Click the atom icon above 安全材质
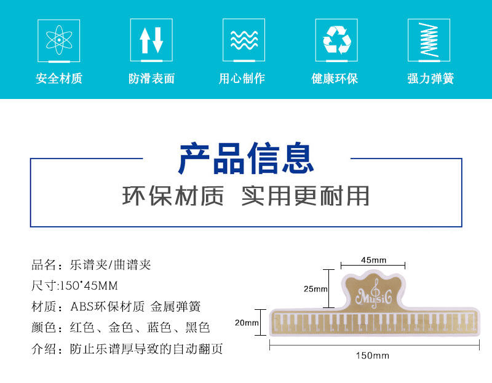[x=58, y=39]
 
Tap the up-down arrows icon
[x=151, y=39]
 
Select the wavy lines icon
[x=244, y=39]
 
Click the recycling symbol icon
[x=336, y=39]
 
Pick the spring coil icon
[x=429, y=39]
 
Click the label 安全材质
[x=59, y=79]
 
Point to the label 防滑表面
[x=151, y=79]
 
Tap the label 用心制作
[x=244, y=79]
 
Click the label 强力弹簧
[x=430, y=79]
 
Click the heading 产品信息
[x=246, y=158]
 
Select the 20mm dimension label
[x=247, y=323]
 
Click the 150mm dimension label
[x=372, y=355]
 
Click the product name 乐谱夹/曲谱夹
[x=110, y=265]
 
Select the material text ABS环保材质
[x=108, y=307]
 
